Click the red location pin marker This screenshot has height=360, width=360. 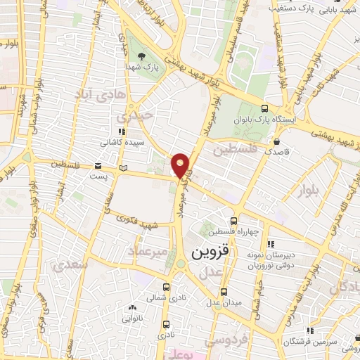click(x=181, y=165)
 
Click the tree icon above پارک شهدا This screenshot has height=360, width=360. click(x=143, y=55)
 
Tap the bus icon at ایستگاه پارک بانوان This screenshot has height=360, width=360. click(x=264, y=108)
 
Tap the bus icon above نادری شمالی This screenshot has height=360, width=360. click(x=165, y=287)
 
